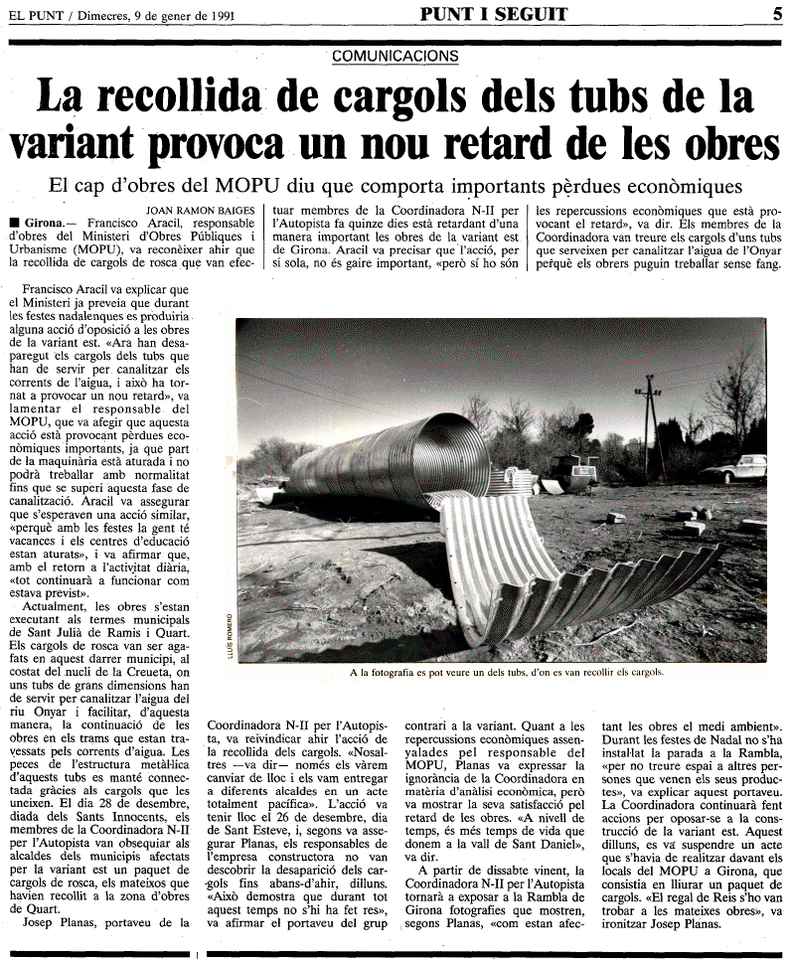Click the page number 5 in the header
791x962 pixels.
[776, 14]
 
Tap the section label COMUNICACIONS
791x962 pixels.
[395, 57]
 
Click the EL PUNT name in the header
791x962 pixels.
[32, 15]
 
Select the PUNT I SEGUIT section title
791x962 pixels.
[493, 14]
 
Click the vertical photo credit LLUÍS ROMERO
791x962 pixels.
[231, 633]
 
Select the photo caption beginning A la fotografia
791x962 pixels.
[506, 672]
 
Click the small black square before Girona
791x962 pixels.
[12, 224]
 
